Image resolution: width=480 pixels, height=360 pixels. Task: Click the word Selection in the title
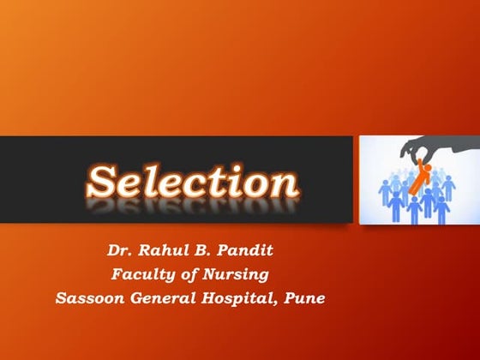coord(193,182)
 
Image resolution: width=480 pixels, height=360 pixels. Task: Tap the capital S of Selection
coord(105,181)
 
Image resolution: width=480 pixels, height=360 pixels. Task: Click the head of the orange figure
coord(425,166)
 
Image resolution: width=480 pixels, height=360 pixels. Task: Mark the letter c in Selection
coord(196,184)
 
